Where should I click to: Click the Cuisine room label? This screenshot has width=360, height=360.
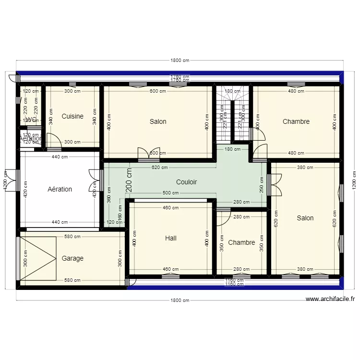[72, 116]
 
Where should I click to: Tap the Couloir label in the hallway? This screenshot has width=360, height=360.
[186, 182]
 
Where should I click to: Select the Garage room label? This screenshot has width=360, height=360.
[72, 258]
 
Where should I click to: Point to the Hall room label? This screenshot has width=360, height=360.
[170, 238]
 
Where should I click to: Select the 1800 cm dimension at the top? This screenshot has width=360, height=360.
[180, 60]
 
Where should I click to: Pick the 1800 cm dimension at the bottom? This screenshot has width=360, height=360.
[180, 300]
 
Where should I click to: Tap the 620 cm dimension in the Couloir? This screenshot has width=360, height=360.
[159, 168]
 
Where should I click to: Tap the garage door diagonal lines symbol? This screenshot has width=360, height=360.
[38, 258]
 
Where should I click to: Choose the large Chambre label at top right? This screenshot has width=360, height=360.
[296, 121]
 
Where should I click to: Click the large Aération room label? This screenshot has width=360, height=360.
[60, 189]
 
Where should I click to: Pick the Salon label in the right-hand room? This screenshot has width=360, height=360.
[305, 218]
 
